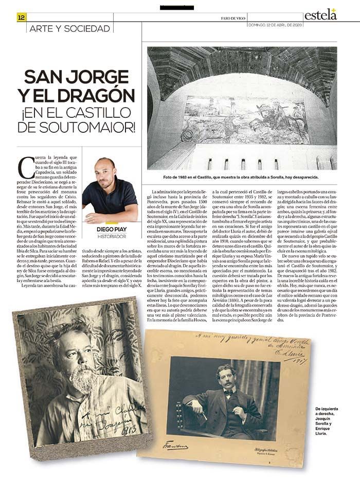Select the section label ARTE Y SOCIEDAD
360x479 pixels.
coord(70,29)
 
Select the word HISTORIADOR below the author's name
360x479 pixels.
coord(112,236)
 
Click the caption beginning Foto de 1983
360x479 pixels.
coord(242,176)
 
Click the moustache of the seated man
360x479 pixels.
coord(225,378)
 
